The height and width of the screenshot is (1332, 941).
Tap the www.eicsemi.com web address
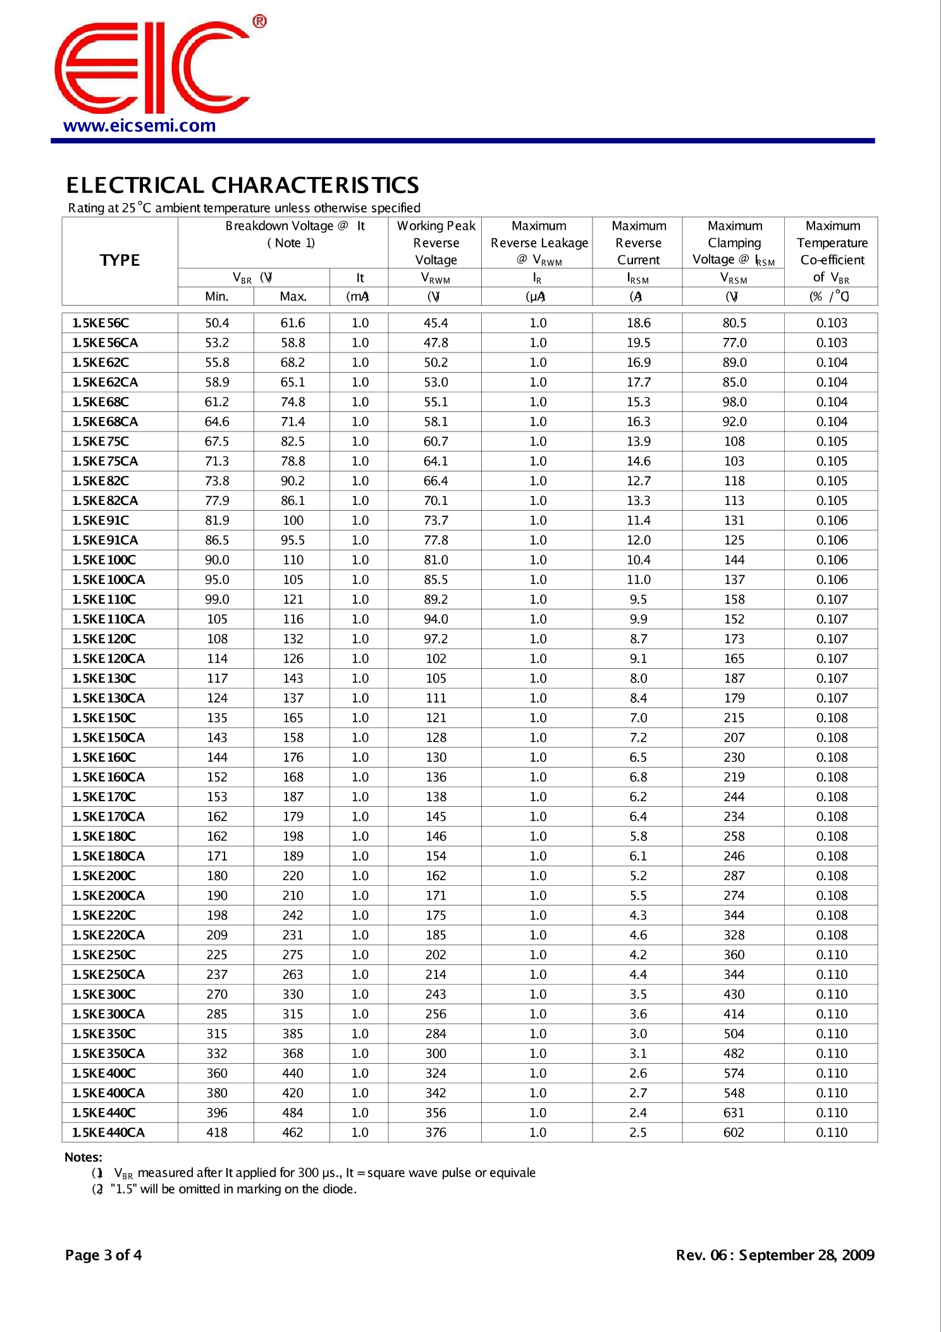click(140, 125)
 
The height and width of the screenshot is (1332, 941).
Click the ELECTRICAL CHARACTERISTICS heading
click(242, 185)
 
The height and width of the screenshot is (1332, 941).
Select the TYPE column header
click(120, 260)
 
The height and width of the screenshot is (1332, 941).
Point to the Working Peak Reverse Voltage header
click(436, 242)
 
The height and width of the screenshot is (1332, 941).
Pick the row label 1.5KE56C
click(101, 323)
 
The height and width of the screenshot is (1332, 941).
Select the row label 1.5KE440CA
click(108, 1132)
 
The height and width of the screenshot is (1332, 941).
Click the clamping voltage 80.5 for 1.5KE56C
click(734, 323)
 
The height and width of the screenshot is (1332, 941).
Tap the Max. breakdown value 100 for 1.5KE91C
click(293, 520)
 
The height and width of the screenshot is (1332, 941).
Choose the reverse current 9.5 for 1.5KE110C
click(638, 599)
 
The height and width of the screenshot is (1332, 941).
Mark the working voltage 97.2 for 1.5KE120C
click(436, 638)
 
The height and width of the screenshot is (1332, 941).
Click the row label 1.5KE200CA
click(108, 895)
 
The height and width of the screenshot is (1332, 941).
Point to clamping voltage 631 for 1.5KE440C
click(734, 1112)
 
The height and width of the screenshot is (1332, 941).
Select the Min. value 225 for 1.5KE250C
click(217, 954)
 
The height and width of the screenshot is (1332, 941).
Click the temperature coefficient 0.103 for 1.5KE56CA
click(832, 342)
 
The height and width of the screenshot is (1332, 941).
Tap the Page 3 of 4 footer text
click(103, 1255)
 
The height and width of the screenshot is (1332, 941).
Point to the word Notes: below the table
click(83, 1157)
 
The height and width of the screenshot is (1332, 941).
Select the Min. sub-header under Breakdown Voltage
click(216, 296)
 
